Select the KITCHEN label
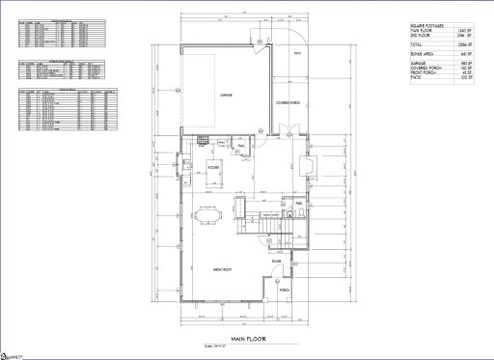[214, 167]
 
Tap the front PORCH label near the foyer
[284, 289]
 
